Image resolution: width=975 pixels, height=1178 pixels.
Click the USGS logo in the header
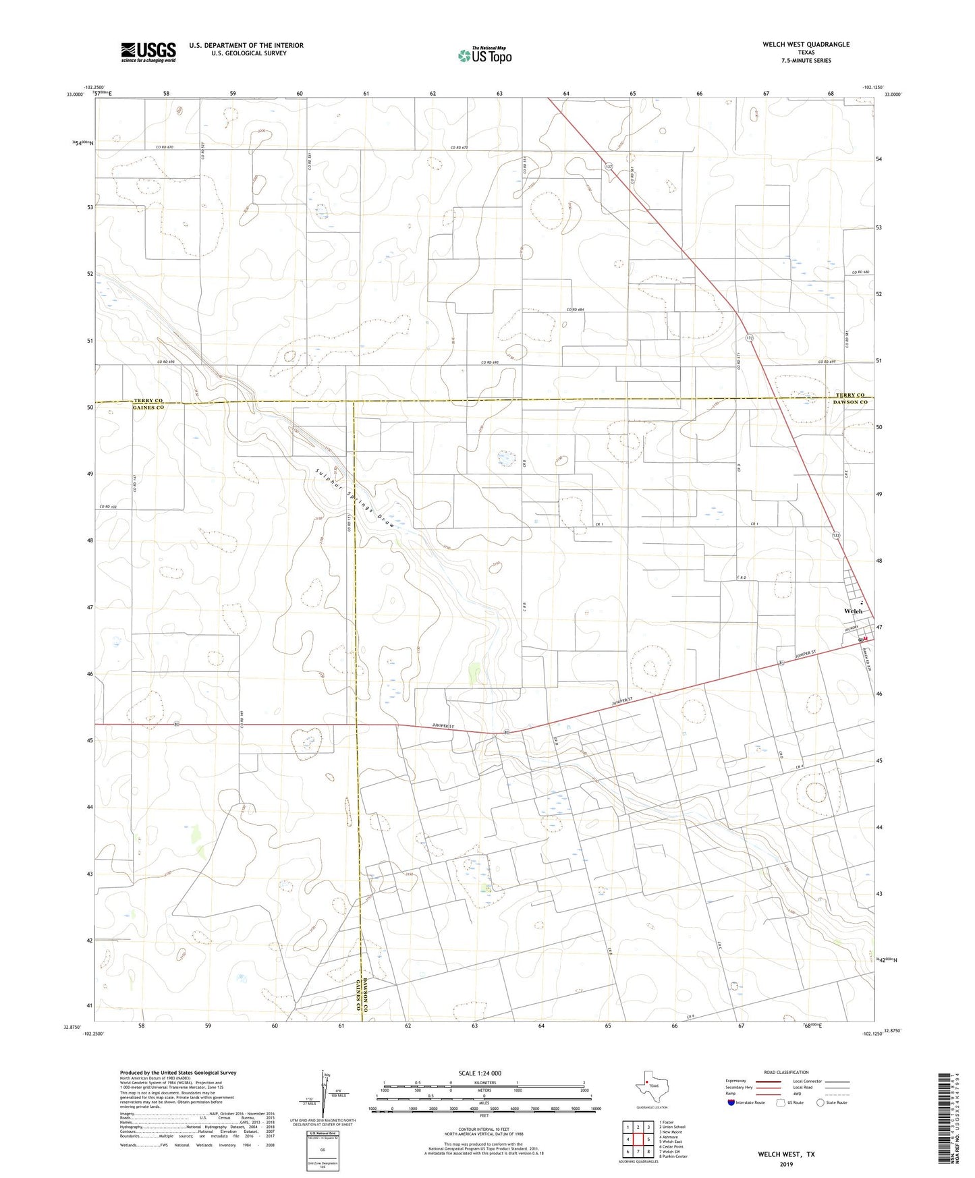click(148, 51)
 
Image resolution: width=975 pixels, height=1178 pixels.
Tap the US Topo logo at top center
click(484, 55)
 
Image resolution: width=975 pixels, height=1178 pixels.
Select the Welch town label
click(853, 611)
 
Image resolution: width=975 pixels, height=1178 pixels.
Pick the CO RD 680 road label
click(860, 273)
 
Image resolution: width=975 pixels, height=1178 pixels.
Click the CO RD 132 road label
click(108, 507)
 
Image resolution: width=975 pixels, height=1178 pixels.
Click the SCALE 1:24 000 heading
click(480, 1073)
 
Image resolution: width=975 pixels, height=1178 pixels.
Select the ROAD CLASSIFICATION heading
click(787, 1072)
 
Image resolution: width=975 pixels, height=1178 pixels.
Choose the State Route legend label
click(837, 1102)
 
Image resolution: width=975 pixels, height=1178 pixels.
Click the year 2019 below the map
click(787, 1165)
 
